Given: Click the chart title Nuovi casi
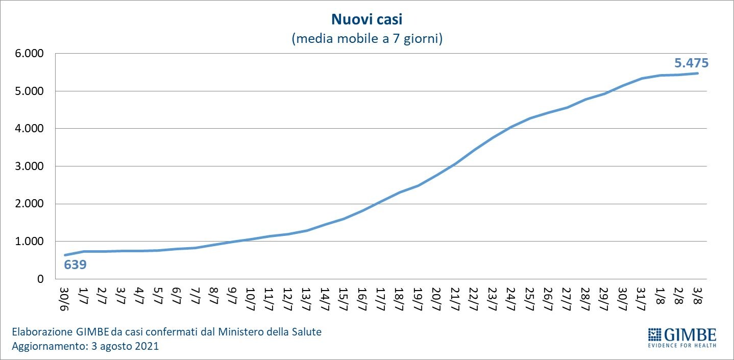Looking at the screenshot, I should [367, 19].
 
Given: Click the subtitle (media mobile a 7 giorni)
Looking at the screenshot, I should [367, 39].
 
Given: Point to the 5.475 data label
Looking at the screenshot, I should [692, 63].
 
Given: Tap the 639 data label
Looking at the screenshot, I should [75, 265].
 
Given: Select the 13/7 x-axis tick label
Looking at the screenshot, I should [307, 297].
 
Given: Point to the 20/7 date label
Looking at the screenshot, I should [436, 297].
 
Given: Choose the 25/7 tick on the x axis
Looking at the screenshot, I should [529, 297].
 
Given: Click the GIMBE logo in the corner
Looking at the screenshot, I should [682, 335].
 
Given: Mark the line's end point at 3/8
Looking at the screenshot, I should [697, 73].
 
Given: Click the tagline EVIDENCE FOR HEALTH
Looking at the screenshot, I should [682, 346].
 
